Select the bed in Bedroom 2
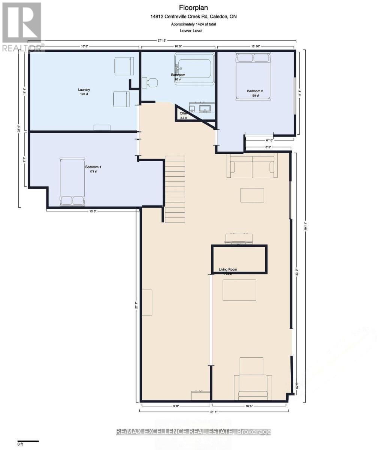tap(253, 76)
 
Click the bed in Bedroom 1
tap(72, 182)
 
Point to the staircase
tap(175, 189)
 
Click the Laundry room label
tap(84, 90)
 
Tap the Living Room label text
tap(228, 269)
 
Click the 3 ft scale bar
tap(28, 441)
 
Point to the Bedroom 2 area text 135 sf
tap(255, 96)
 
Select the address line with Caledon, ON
tap(193, 16)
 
